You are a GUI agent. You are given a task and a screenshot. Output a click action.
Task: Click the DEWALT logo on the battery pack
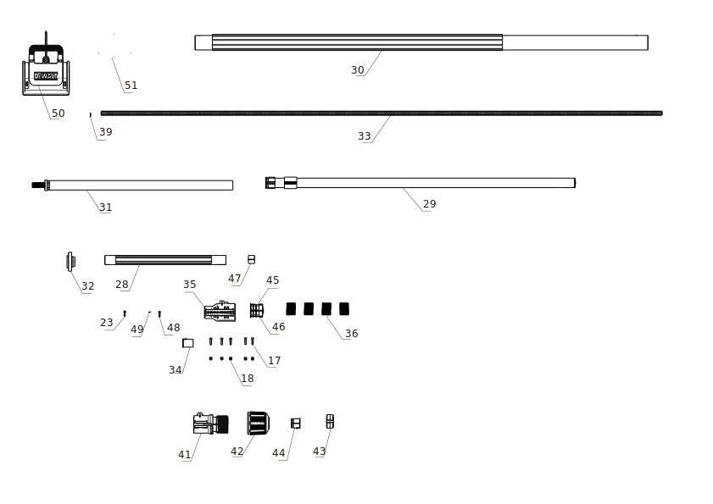pyautogui.click(x=46, y=76)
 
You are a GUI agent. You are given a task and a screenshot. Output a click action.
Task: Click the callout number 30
pyautogui.click(x=358, y=70)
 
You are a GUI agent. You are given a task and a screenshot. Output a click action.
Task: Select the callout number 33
pyautogui.click(x=365, y=136)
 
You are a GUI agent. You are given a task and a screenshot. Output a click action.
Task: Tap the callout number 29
pyautogui.click(x=429, y=204)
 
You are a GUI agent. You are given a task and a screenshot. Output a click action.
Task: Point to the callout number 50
pyautogui.click(x=58, y=114)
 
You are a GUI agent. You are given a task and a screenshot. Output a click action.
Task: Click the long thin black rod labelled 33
pyautogui.click(x=382, y=114)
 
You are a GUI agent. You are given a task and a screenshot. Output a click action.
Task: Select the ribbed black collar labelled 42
pyautogui.click(x=258, y=423)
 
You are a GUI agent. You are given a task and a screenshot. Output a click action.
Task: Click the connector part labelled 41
pyautogui.click(x=210, y=424)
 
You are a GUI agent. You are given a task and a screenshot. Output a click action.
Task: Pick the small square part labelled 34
pyautogui.click(x=188, y=343)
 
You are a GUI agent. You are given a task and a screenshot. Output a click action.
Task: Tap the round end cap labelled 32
pyautogui.click(x=70, y=261)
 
